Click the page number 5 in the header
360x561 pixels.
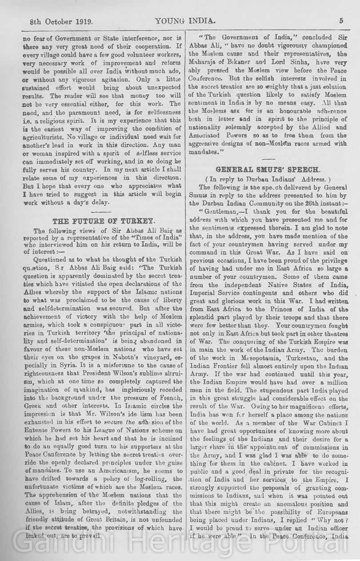(341, 20)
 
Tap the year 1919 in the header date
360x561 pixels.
(78, 20)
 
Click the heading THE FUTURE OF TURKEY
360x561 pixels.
(104, 221)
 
